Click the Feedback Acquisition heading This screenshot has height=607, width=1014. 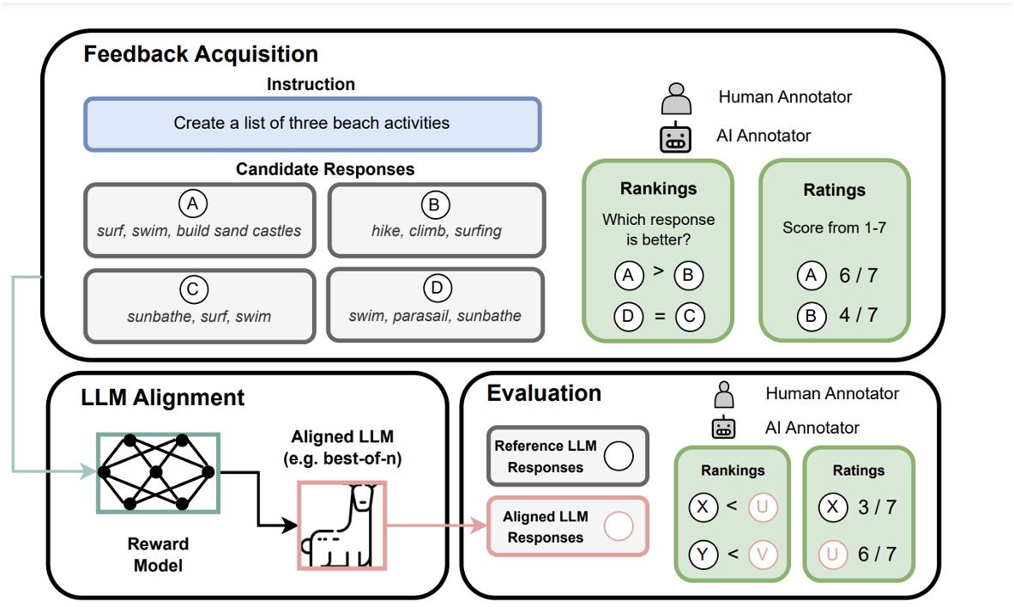[x=201, y=54]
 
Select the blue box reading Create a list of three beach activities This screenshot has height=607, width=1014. [x=311, y=124]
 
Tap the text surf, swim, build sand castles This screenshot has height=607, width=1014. [x=199, y=230]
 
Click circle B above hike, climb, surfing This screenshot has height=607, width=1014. [x=437, y=205]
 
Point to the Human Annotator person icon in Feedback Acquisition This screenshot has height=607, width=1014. [x=676, y=98]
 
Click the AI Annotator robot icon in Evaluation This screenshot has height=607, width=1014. [x=725, y=428]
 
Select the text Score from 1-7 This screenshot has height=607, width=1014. [x=834, y=228]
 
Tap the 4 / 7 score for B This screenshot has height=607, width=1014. [x=859, y=315]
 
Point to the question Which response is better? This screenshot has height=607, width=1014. [x=658, y=229]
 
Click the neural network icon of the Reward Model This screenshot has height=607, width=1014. [x=158, y=472]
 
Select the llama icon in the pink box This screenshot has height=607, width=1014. [x=341, y=525]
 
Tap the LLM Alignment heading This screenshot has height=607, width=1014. [x=162, y=398]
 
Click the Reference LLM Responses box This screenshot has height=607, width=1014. [x=567, y=457]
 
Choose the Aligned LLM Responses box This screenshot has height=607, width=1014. [x=567, y=526]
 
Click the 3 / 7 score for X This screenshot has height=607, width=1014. [x=877, y=507]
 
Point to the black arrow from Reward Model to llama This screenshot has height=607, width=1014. [x=258, y=498]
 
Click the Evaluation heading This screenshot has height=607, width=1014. [x=544, y=394]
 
